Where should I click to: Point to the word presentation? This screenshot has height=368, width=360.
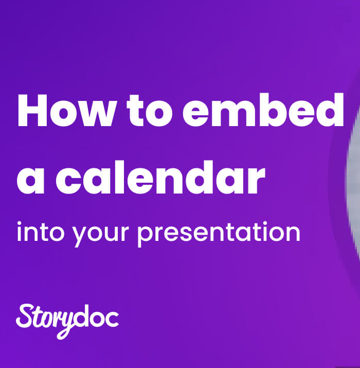219,233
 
